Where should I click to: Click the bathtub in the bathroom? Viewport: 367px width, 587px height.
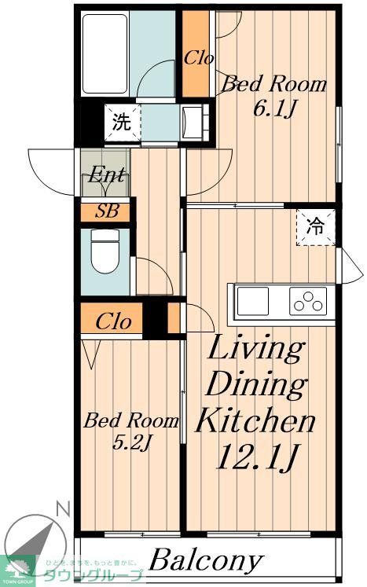click(x=105, y=53)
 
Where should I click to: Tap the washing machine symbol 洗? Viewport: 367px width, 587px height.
click(x=121, y=122)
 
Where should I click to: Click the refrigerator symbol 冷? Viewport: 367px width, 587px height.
click(x=315, y=226)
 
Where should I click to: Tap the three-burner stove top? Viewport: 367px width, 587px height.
click(x=309, y=300)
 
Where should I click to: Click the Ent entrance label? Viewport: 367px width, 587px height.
click(x=105, y=174)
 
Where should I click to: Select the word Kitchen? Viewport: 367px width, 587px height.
click(x=255, y=421)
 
